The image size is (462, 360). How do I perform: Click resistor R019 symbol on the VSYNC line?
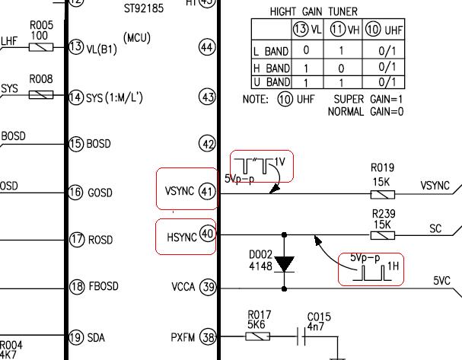click(x=382, y=194)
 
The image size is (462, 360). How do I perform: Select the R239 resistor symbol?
click(x=382, y=235)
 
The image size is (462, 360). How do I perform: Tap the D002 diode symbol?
click(x=284, y=263)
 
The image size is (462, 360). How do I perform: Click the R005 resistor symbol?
click(x=41, y=47)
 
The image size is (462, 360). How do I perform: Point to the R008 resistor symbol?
click(x=41, y=94)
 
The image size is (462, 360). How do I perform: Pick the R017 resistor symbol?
click(x=257, y=336)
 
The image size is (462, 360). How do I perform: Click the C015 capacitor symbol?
click(x=301, y=336)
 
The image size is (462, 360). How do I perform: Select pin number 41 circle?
click(x=207, y=192)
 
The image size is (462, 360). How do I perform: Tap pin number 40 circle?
click(x=208, y=234)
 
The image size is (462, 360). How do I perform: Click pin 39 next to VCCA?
click(x=209, y=286)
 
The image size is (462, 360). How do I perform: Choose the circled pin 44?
click(x=207, y=47)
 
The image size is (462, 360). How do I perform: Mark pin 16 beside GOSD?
click(x=75, y=192)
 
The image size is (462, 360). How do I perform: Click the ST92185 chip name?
click(x=144, y=8)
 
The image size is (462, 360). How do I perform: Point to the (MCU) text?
click(x=137, y=38)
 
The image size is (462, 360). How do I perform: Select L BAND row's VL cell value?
click(x=306, y=50)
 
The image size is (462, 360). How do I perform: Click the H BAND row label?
click(x=272, y=68)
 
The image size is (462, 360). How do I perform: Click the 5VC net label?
click(x=442, y=280)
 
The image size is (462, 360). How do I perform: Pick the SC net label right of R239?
click(x=435, y=228)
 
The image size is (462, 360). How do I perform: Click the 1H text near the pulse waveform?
click(x=393, y=266)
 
